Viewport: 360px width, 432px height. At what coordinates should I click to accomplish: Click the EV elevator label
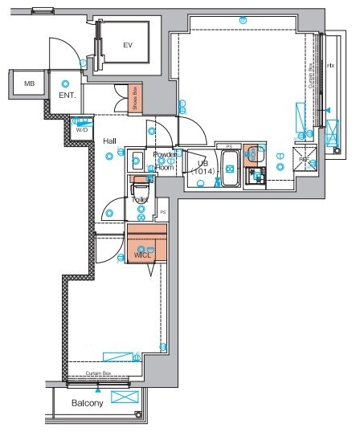(127, 46)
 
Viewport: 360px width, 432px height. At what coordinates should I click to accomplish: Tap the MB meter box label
(29, 84)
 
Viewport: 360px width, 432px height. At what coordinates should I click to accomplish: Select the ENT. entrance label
(67, 96)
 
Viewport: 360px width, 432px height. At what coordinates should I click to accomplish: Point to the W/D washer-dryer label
(82, 128)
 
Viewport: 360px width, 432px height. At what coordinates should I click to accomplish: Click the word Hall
(110, 141)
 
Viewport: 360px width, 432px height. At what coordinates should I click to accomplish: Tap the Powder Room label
(165, 161)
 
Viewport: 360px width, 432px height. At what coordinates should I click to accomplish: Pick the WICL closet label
(143, 255)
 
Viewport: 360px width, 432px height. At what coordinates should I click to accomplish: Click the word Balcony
(87, 403)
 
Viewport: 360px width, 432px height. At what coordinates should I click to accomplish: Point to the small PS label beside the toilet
(162, 212)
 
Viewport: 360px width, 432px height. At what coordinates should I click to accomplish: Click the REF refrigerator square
(305, 158)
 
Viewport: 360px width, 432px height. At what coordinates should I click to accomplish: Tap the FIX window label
(330, 64)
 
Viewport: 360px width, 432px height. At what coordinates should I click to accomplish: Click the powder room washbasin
(137, 157)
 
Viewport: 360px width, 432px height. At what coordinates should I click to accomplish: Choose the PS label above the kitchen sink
(230, 146)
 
